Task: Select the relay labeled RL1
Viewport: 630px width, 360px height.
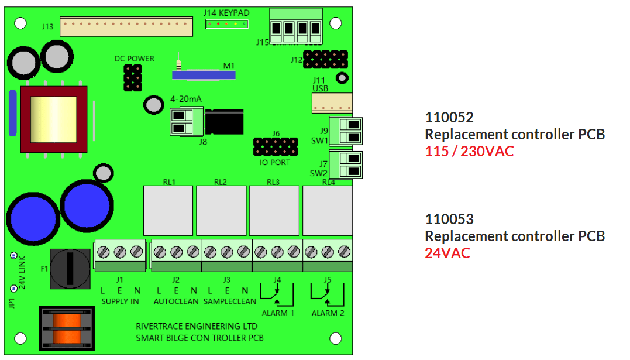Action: coord(168,210)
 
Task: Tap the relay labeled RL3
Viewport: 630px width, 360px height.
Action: coord(274,210)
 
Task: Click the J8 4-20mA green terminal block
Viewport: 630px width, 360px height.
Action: coord(182,121)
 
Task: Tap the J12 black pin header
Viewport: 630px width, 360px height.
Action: coord(325,59)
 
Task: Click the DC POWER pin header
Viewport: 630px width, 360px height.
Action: coord(133,77)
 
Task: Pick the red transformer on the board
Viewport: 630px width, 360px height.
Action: coord(54,119)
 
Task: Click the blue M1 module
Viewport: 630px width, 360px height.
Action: coord(204,74)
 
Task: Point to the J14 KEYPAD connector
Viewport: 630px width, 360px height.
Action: coord(226,24)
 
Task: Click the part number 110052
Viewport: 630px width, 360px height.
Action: coord(449,117)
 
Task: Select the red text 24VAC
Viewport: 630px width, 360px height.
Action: coord(447,253)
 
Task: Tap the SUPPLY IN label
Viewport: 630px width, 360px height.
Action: coord(121,301)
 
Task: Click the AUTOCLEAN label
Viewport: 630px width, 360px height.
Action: coord(177,301)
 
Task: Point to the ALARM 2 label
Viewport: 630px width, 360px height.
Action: coord(328,313)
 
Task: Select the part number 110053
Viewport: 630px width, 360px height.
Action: coord(449,220)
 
